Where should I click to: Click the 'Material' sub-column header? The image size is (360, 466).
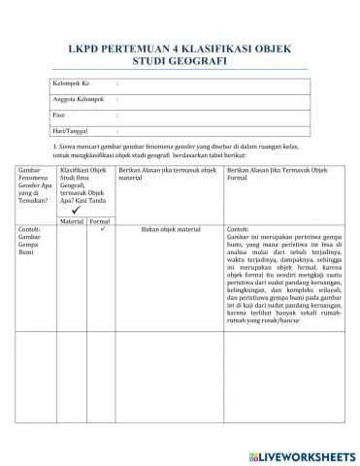(72, 221)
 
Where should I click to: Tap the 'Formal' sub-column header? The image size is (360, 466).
(99, 221)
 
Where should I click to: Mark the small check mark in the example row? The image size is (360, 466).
(101, 230)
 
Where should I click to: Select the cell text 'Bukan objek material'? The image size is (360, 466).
(169, 231)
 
